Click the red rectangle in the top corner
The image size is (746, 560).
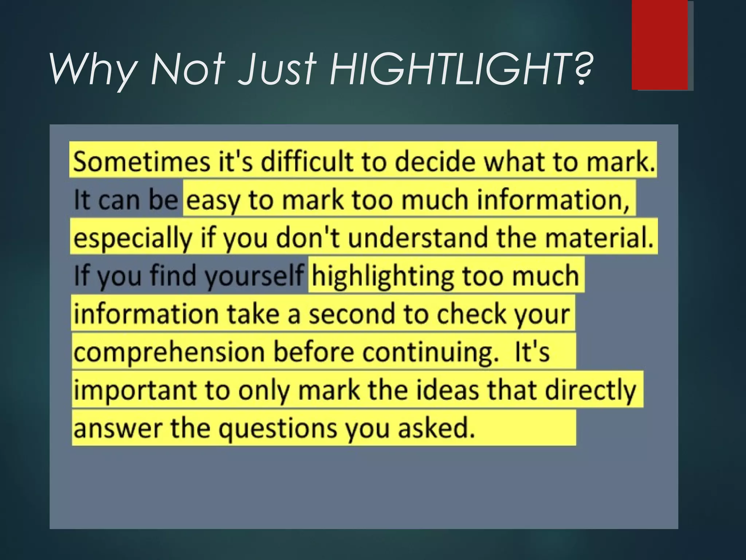660,45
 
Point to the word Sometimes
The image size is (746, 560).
141,161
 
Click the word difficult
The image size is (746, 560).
308,161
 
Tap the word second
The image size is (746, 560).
352,314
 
